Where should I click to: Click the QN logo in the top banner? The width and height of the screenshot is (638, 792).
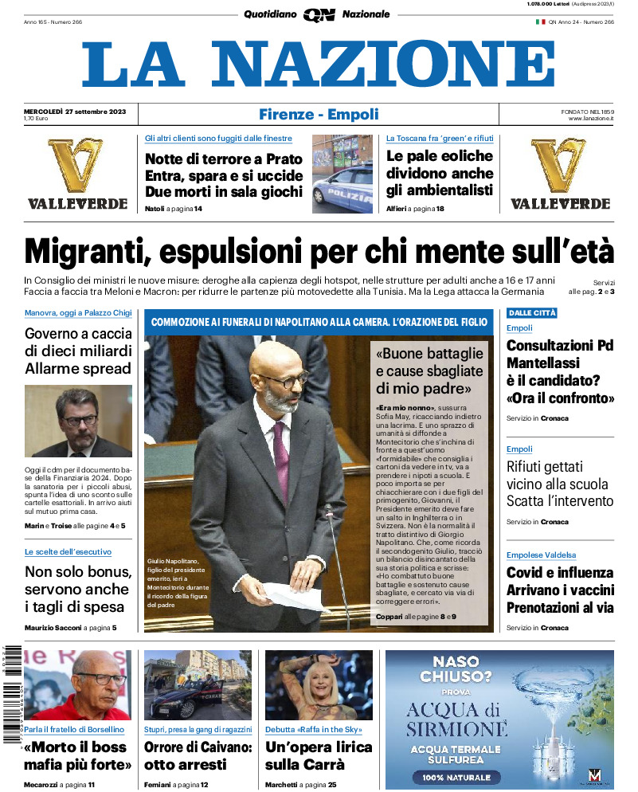tap(319, 14)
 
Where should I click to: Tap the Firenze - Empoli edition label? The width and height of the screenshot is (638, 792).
tap(319, 114)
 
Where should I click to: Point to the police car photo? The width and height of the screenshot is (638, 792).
tap(342, 174)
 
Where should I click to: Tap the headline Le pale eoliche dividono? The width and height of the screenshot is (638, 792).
tap(440, 173)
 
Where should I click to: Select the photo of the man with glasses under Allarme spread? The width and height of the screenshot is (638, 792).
tap(78, 421)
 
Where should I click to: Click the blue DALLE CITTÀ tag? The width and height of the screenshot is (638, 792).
tap(532, 313)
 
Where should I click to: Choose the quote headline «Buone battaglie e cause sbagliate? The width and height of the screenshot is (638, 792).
tap(429, 371)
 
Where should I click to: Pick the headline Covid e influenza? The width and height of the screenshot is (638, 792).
tap(560, 572)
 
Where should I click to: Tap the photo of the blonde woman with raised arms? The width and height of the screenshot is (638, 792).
tap(319, 685)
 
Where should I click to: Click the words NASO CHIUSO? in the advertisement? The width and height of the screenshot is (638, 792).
tap(456, 671)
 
